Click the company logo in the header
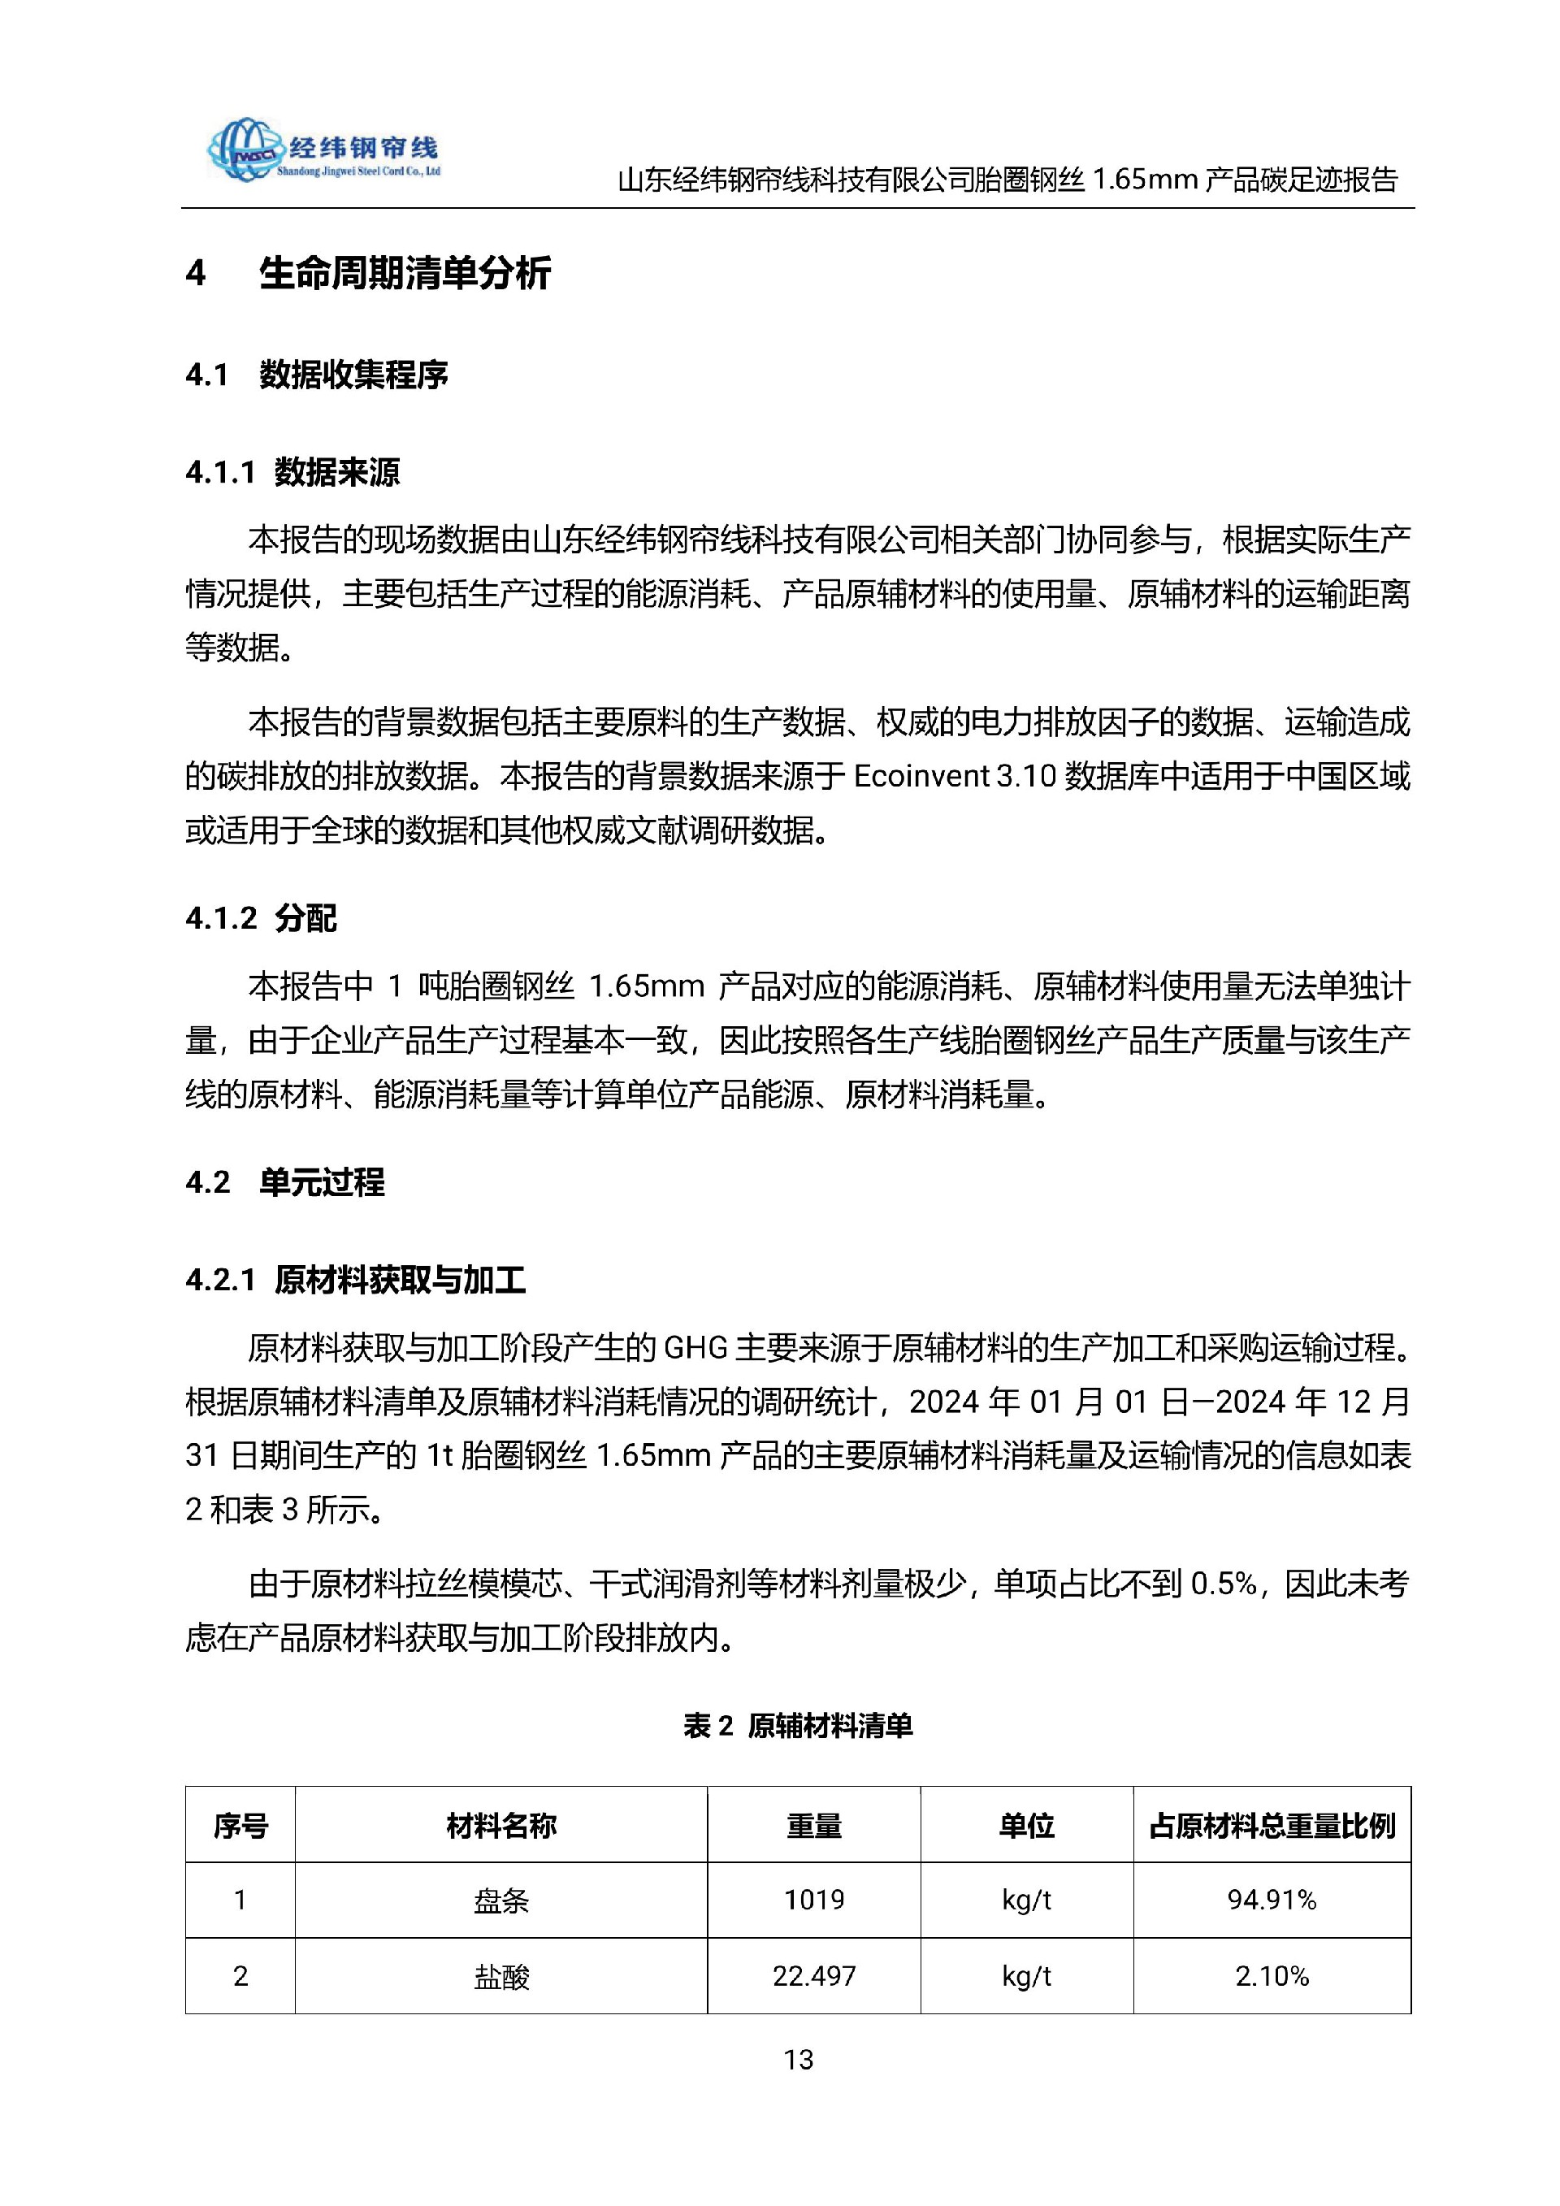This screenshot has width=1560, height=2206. (x=323, y=150)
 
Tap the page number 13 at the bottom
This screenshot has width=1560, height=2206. (x=798, y=2059)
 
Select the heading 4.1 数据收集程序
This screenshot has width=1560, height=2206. (x=317, y=375)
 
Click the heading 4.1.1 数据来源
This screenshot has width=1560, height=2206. (x=293, y=473)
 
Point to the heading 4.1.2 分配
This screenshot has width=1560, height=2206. (x=262, y=918)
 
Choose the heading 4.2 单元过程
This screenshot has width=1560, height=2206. (x=285, y=1181)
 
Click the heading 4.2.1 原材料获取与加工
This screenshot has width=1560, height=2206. (x=355, y=1281)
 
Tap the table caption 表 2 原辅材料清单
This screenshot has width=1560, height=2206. (x=797, y=1726)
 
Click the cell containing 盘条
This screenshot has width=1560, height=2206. (x=500, y=1900)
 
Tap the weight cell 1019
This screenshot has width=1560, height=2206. (x=813, y=1900)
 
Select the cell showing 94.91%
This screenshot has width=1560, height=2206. (x=1272, y=1900)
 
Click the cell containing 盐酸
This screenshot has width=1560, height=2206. (x=500, y=1976)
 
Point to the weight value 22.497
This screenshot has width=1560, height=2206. (x=813, y=1976)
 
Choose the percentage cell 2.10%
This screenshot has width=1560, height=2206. (x=1272, y=1976)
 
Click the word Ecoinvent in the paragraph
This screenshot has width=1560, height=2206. (x=921, y=776)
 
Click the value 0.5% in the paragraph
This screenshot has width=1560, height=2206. (x=1223, y=1584)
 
